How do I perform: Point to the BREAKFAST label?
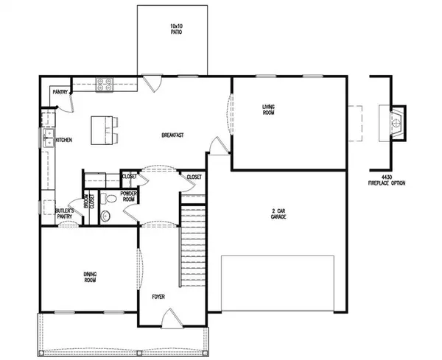coord(172,135)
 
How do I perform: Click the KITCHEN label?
coord(63,139)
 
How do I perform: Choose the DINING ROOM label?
coord(89,277)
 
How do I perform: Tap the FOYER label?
coord(158,297)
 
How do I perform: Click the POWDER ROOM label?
coord(129,196)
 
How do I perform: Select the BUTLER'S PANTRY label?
coord(65,214)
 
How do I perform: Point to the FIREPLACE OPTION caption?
coord(388,182)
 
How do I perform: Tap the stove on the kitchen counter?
coord(102,84)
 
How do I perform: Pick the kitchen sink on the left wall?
coord(46,139)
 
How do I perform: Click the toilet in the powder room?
coord(105,215)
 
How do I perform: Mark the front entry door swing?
coord(169,318)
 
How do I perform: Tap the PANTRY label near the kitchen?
coord(60,92)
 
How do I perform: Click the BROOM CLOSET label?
coord(88,202)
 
